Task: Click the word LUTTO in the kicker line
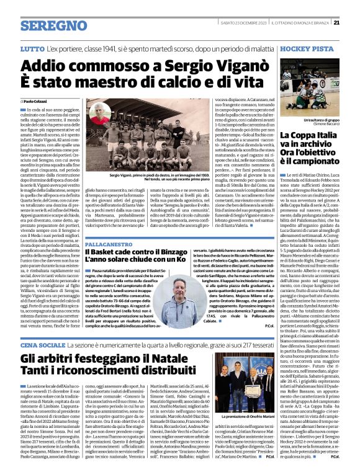(x=31, y=48)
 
